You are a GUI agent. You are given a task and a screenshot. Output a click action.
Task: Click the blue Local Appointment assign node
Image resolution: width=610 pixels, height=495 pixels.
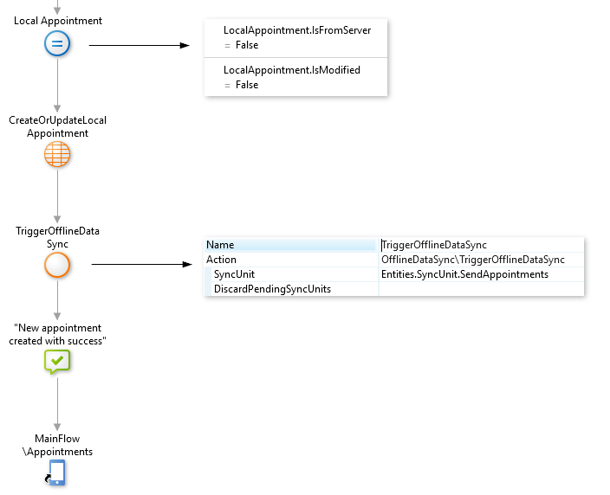(57, 44)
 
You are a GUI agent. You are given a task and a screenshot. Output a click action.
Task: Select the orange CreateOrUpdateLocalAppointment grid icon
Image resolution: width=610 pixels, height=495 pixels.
(57, 155)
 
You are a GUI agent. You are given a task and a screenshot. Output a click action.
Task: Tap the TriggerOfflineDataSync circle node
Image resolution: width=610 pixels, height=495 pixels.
(57, 266)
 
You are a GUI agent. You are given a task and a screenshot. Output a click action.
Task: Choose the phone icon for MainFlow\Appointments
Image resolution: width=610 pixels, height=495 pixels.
(57, 472)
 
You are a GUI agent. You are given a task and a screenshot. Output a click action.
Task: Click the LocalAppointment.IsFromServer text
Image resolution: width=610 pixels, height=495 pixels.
(296, 30)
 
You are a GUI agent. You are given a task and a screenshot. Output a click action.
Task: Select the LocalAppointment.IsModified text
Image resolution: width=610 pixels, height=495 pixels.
(291, 70)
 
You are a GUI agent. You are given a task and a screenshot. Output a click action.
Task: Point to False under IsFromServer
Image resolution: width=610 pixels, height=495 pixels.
(247, 45)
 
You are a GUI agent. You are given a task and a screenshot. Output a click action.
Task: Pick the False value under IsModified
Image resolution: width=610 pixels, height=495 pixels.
(247, 85)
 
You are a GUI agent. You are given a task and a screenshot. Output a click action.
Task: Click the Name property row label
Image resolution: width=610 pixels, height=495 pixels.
(220, 245)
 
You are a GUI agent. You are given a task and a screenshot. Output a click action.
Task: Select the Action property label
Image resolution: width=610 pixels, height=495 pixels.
(221, 260)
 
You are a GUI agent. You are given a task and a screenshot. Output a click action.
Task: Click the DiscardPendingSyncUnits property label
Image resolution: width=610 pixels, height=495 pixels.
(272, 289)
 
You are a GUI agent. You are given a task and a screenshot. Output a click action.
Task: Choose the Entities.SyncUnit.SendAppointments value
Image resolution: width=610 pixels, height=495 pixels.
(464, 274)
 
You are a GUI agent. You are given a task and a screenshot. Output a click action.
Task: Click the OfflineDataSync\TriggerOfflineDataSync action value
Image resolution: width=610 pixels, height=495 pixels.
(472, 260)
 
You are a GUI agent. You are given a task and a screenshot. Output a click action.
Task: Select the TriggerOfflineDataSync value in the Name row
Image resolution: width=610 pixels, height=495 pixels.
(434, 245)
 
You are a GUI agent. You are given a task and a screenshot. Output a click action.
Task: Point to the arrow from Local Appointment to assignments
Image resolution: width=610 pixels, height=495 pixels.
(139, 44)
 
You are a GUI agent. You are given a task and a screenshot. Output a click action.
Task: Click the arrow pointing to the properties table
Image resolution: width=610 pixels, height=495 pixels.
(141, 266)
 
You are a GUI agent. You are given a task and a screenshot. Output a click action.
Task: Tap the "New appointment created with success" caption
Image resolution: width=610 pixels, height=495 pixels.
(57, 334)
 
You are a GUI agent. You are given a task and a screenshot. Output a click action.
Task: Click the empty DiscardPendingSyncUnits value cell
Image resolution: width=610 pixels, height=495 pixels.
(481, 289)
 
